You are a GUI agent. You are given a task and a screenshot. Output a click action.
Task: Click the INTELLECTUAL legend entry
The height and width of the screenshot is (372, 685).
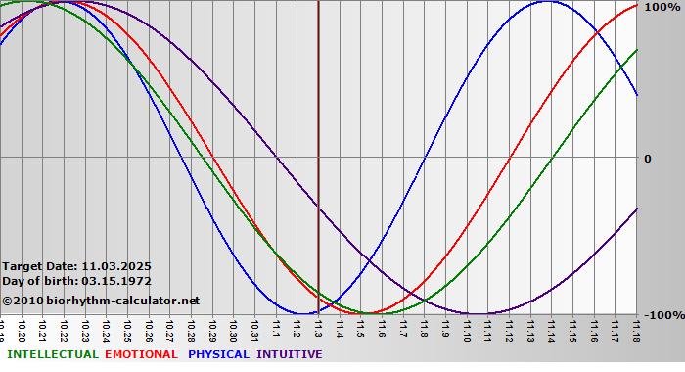52,354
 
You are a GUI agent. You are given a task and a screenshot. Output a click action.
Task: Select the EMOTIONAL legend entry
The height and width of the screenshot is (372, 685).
141,354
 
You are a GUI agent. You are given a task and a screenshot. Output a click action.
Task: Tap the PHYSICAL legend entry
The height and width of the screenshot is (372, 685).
219,354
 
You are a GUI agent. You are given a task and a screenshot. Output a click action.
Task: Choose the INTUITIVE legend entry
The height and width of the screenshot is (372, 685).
289,354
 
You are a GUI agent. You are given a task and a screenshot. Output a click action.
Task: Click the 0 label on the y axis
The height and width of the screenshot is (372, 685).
647,158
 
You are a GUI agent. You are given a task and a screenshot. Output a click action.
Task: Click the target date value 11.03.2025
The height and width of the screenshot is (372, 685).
116,266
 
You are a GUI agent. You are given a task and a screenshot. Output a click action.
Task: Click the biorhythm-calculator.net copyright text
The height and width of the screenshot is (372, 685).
101,301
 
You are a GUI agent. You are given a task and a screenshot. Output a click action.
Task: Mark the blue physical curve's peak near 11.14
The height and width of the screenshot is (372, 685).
546,2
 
